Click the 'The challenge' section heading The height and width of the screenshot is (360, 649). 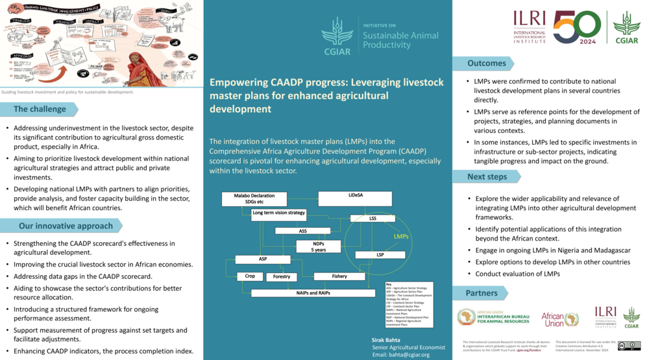coord(40,109)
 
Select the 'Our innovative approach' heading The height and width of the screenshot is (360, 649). coord(66,226)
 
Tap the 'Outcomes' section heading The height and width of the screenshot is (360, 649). coord(487,63)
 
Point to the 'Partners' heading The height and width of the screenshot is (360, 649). coord(482,293)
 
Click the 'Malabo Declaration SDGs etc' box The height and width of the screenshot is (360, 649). coord(254,198)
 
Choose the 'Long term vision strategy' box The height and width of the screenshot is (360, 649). coord(278,213)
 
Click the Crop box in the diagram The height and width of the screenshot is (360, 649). coord(250,276)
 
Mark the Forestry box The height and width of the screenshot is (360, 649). coord(282,277)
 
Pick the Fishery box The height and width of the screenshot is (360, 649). coord(339,276)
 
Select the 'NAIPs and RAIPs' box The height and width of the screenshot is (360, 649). coord(313,293)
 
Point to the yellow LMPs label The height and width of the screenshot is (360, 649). coord(402,237)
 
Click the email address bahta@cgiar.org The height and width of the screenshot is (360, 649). coord(401,355)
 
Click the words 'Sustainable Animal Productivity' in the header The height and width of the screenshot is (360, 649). coord(400,40)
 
